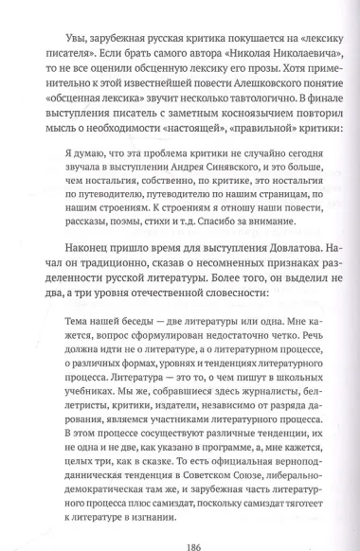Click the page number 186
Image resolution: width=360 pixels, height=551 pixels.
click(x=179, y=533)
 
